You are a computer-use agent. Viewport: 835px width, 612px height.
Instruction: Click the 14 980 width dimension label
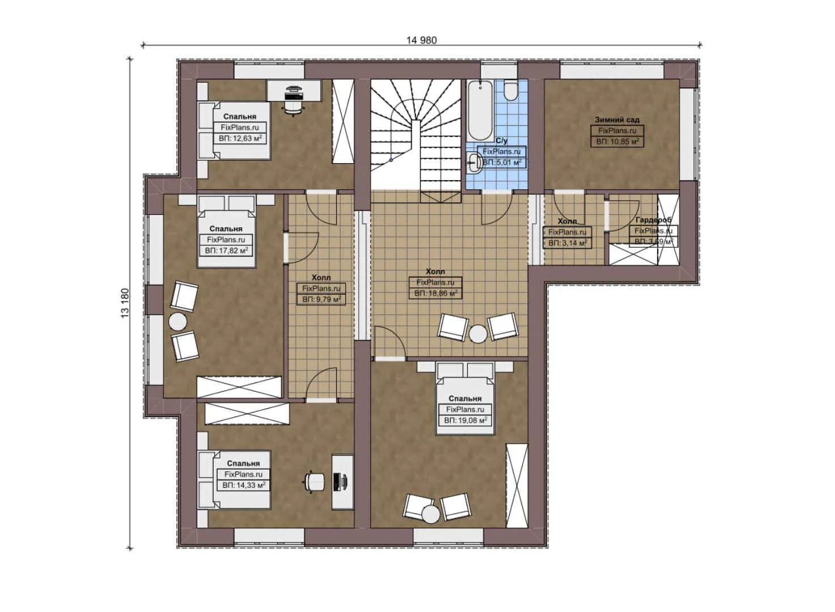point(421,40)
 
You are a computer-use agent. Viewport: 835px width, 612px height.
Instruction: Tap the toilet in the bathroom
point(510,91)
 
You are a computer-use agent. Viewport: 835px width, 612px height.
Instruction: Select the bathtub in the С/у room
point(480,110)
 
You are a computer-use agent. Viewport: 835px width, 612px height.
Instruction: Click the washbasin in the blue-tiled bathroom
point(474,164)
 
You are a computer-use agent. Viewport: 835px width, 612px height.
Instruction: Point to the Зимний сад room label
point(617,120)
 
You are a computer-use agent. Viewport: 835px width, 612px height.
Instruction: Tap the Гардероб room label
point(653,220)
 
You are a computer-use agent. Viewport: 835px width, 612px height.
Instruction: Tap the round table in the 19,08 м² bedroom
point(431,514)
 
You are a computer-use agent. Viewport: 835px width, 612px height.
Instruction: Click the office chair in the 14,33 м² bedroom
point(314,482)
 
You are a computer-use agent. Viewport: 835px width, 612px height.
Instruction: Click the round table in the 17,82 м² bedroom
point(177,322)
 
